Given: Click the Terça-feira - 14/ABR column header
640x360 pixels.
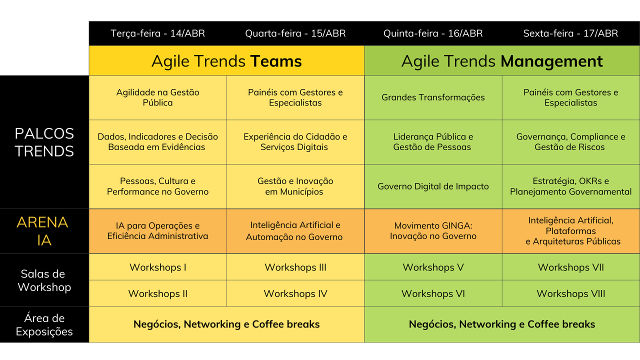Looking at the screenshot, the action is coord(157,33).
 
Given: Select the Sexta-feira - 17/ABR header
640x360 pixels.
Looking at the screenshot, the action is coord(570,33).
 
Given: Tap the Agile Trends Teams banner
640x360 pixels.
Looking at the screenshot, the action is coord(226,61).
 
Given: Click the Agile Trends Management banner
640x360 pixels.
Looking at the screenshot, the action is coord(502,61).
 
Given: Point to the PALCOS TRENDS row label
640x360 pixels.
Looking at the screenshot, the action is coord(44,142).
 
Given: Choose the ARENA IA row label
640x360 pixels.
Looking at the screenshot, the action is coord(42,231).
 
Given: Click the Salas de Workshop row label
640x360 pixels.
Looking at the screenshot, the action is coord(44,280).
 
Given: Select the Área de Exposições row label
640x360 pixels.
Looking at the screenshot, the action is coord(44,325).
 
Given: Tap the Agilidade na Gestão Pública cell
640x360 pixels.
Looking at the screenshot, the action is coord(157,97).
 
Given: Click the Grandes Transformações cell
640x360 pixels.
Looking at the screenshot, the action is coord(433,97).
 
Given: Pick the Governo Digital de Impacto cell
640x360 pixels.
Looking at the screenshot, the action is coord(433,186).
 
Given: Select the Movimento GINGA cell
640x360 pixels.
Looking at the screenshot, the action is coord(433,231).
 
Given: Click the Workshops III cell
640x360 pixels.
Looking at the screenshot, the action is coord(295,267).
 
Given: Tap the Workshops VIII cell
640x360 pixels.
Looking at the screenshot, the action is coord(571,293).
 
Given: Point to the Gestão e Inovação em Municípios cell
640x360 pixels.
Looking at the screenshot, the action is coord(295,186).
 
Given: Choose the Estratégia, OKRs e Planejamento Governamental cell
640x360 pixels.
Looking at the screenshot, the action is coord(571,186).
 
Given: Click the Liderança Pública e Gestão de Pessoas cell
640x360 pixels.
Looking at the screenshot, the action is coord(433,142).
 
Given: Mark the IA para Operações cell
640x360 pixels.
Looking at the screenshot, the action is coord(157,231).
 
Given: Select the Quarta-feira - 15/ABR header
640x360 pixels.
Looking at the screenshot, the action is coord(295,33).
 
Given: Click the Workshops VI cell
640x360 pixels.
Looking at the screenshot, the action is coord(433,293).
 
